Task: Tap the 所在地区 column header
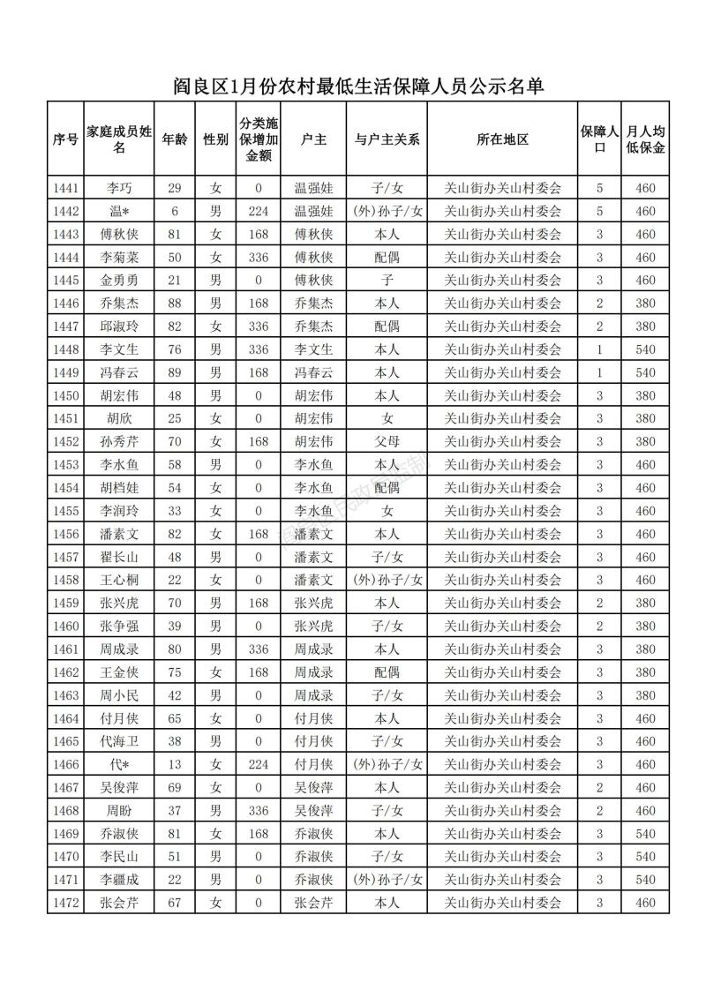coord(502,139)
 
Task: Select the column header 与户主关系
coord(387,139)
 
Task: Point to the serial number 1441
coord(65,188)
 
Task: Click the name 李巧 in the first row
coord(119,188)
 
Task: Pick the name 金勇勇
coord(119,280)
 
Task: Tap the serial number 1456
coord(65,534)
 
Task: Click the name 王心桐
coord(119,580)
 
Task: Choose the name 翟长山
coord(119,557)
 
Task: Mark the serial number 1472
coord(65,902)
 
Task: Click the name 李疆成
coord(119,879)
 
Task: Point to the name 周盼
coord(119,810)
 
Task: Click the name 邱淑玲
coord(119,326)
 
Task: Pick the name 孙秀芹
coord(119,441)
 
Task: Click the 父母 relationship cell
coord(387,441)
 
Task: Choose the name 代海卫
coord(119,741)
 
